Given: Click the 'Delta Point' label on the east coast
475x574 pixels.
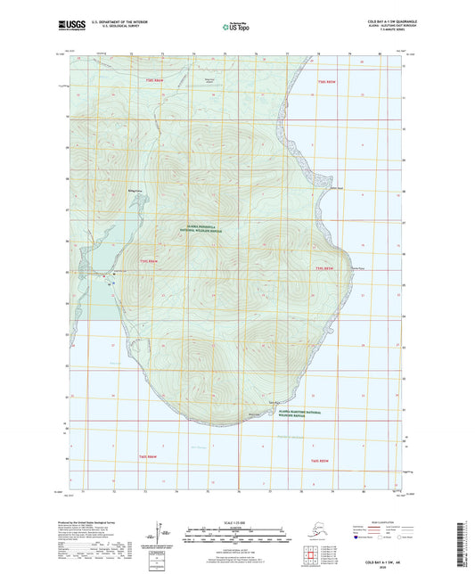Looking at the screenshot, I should pyautogui.click(x=336, y=188).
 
